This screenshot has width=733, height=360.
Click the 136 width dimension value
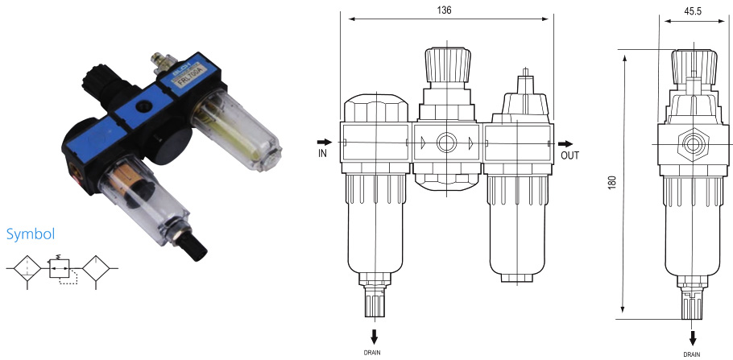(444, 10)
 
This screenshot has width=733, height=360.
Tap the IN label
(322, 151)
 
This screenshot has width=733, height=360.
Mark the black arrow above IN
(323, 140)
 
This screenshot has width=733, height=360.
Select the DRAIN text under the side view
(692, 353)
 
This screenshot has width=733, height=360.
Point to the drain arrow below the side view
(692, 337)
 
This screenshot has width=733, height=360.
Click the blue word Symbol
(30, 234)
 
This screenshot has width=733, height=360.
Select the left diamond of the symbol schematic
(28, 267)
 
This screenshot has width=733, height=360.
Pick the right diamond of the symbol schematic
(99, 267)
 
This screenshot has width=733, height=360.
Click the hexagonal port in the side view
(691, 146)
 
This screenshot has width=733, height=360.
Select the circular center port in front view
(445, 145)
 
